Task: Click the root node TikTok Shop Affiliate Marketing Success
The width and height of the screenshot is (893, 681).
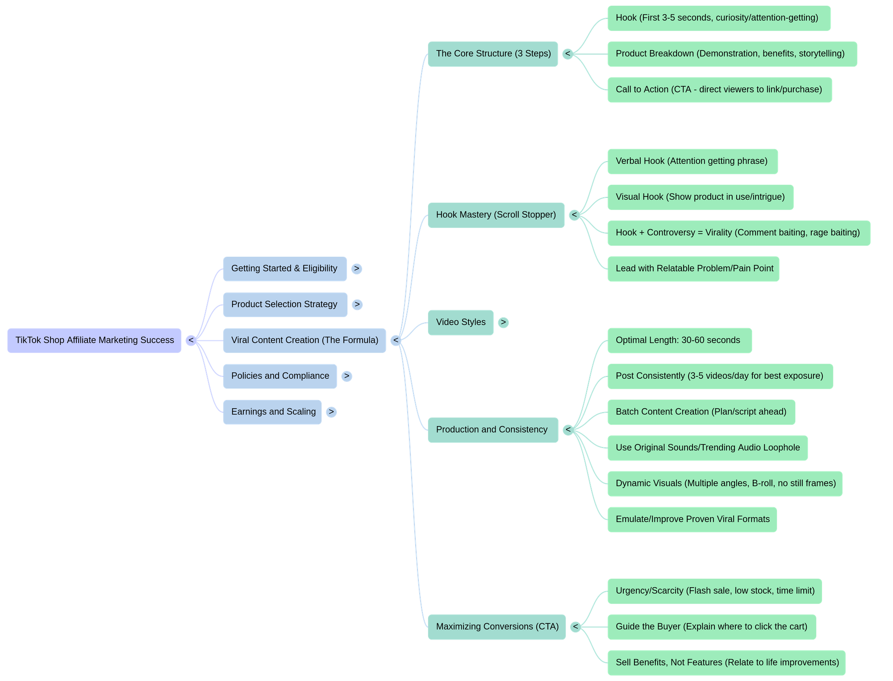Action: click(x=94, y=340)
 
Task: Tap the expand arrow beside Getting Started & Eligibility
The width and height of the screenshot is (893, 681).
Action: click(x=356, y=269)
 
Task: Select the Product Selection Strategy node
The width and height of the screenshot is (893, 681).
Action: click(x=285, y=305)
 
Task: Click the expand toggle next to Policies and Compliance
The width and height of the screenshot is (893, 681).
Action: click(x=346, y=376)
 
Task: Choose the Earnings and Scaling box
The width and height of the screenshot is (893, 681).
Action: click(x=272, y=412)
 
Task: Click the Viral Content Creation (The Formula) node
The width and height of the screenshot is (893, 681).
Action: click(x=304, y=340)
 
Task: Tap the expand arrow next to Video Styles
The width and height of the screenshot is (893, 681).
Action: click(x=503, y=322)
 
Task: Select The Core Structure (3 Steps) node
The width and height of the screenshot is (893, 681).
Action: click(x=492, y=54)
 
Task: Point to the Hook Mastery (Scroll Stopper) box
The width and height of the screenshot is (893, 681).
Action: click(x=496, y=215)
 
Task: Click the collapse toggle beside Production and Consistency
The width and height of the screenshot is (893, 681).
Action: click(x=568, y=430)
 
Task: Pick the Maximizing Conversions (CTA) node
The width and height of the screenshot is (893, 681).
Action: click(x=497, y=627)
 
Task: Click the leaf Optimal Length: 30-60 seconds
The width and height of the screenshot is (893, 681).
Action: click(x=679, y=340)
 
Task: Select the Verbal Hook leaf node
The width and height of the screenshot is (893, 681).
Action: click(x=692, y=161)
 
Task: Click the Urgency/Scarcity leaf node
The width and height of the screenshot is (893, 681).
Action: click(x=714, y=591)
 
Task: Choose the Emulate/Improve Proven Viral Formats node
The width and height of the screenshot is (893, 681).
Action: click(x=692, y=519)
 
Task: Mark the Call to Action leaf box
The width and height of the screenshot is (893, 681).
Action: click(x=719, y=90)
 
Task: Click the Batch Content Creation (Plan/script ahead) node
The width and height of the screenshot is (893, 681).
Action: click(x=701, y=412)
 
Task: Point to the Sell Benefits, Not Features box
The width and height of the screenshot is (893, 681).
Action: click(x=726, y=662)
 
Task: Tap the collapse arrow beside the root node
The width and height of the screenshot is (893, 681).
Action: click(x=191, y=340)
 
